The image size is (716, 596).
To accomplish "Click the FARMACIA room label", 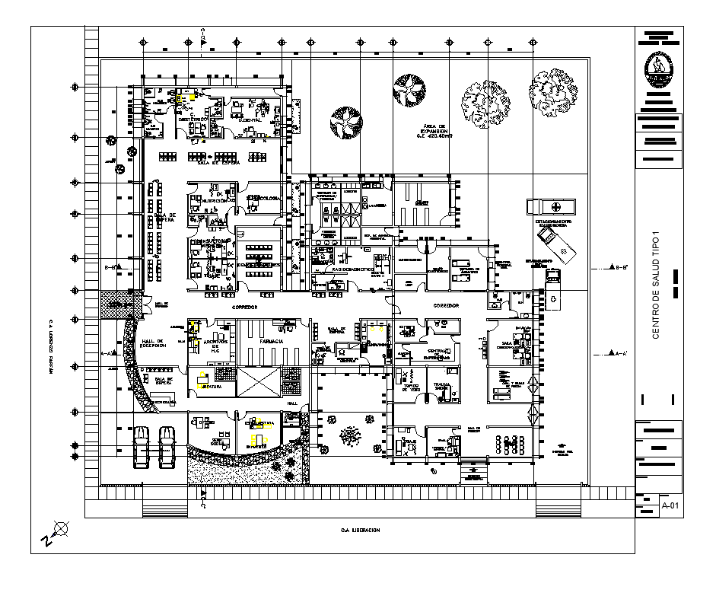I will click(x=272, y=343).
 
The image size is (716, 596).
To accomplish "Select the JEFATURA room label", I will click(x=210, y=387).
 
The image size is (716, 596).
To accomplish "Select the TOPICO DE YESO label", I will click(x=412, y=387).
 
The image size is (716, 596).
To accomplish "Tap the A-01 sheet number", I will click(x=670, y=505).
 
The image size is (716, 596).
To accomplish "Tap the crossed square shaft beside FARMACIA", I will click(x=258, y=381).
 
